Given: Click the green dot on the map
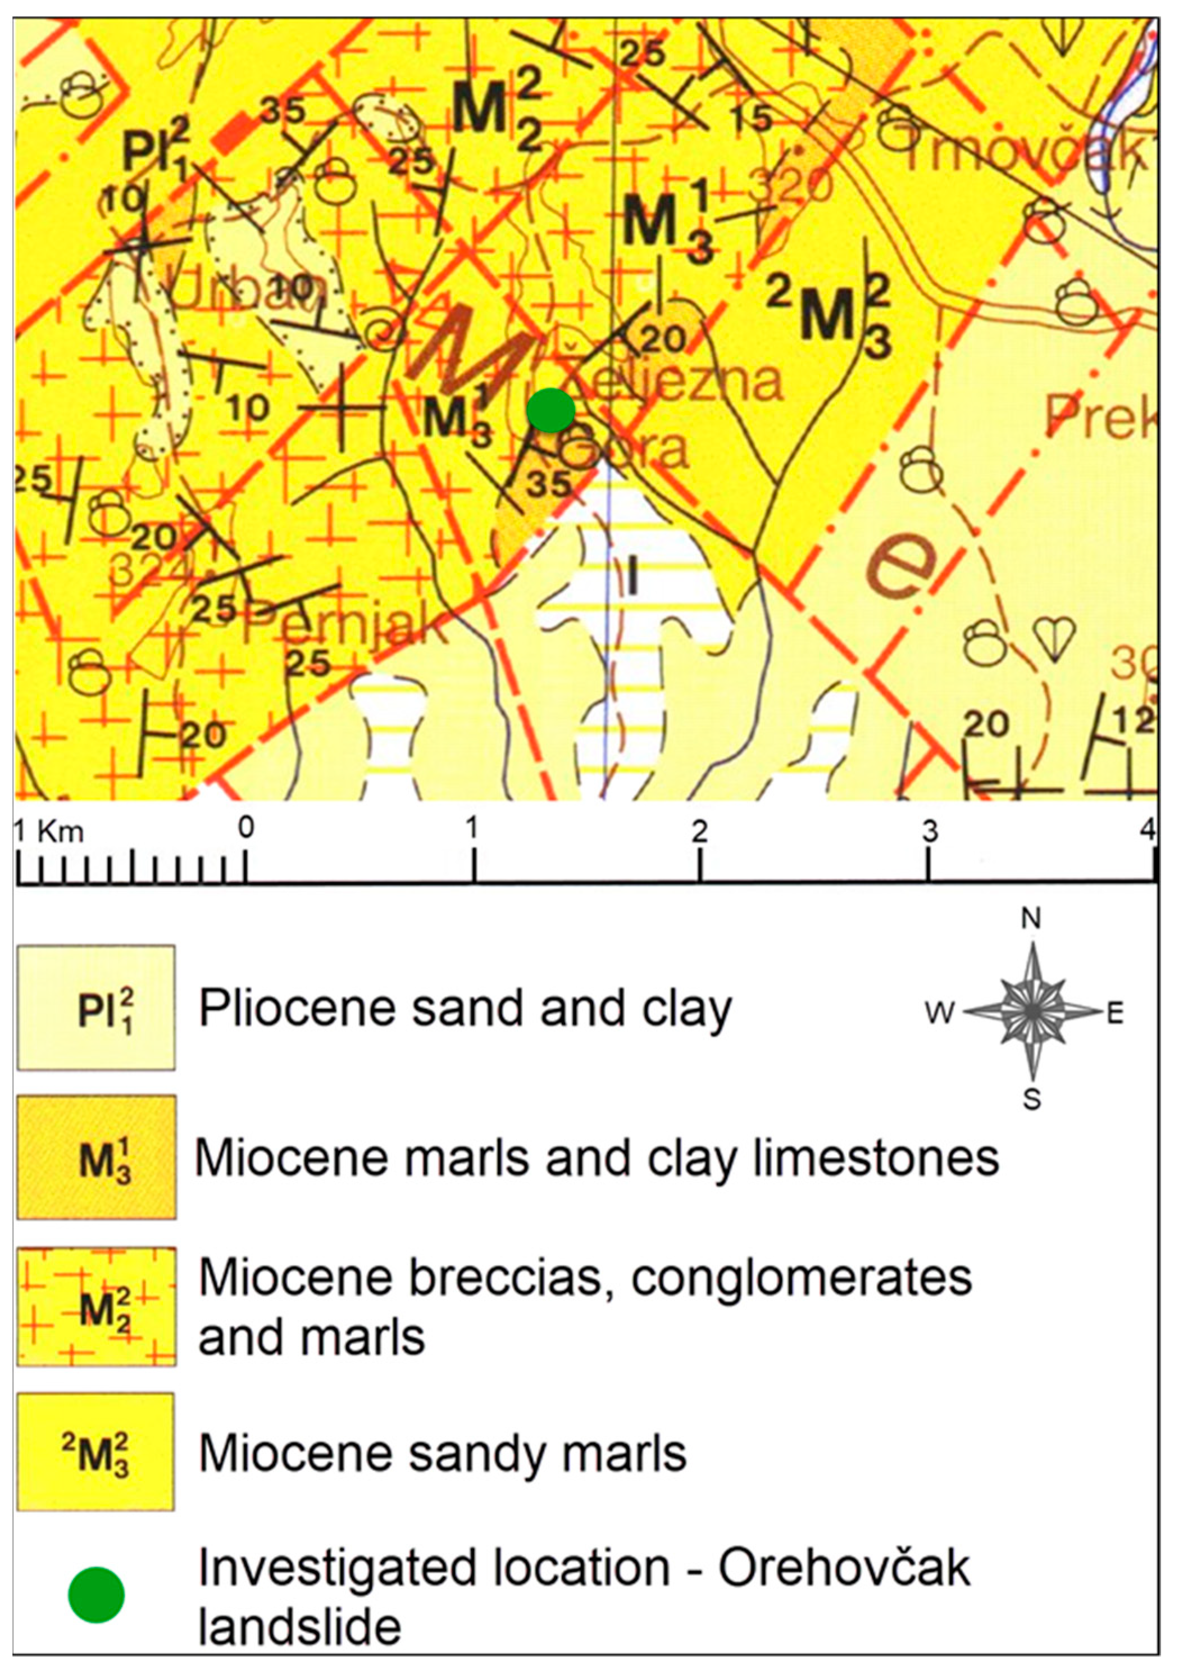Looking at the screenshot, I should (x=551, y=410).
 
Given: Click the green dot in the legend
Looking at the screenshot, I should (x=96, y=1594).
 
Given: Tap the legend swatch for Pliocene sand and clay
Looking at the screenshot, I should (x=96, y=1008).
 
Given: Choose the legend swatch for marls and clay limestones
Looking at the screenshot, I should (x=96, y=1157).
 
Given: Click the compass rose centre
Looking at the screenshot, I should (x=1031, y=1010).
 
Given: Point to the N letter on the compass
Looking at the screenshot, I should (x=1031, y=920).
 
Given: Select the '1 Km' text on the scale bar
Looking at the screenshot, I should (x=49, y=831).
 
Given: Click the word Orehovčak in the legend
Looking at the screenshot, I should (x=844, y=1568).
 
